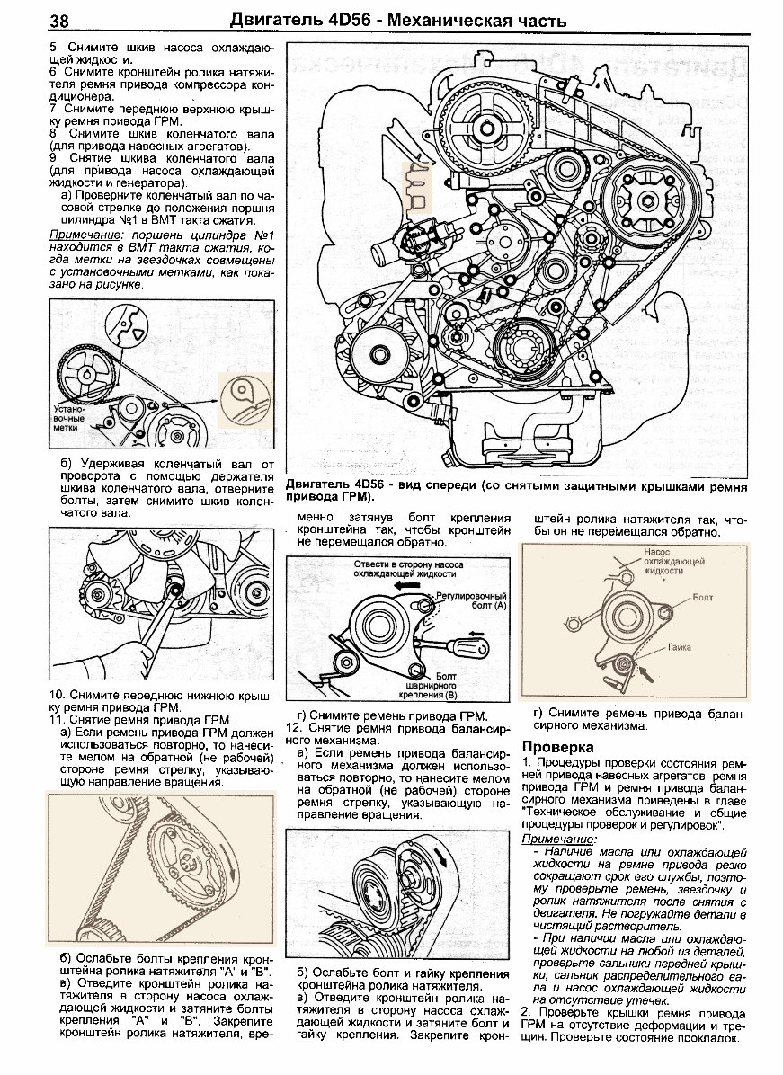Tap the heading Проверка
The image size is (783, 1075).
tap(556, 747)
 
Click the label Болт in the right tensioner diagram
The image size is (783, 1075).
tap(702, 596)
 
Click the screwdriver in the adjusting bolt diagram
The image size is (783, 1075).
tap(467, 645)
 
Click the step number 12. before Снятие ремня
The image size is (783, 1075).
tap(293, 726)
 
